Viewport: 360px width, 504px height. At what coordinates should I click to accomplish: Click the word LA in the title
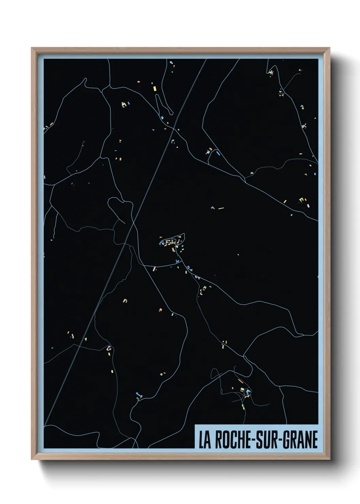pyautogui.click(x=205, y=440)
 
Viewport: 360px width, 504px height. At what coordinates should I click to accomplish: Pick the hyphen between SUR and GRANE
pyautogui.click(x=279, y=440)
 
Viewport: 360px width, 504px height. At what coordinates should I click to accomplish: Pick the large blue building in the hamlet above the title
pyautogui.click(x=247, y=392)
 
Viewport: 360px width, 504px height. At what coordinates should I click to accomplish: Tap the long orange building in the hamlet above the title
pyautogui.click(x=240, y=381)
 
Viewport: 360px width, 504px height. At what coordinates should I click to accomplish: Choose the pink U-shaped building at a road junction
pyautogui.click(x=109, y=348)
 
